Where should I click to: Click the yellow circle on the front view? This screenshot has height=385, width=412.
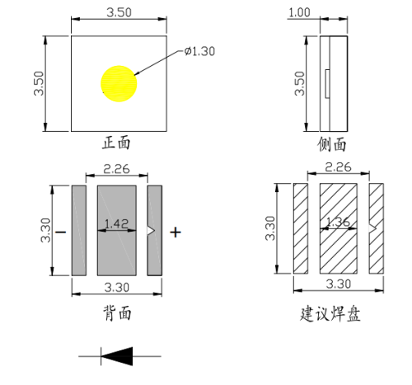[119, 83]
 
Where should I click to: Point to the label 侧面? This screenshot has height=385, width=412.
[332, 144]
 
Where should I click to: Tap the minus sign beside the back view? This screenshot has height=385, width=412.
[61, 232]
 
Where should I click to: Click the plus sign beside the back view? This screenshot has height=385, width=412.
[175, 232]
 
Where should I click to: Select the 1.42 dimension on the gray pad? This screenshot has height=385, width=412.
[117, 224]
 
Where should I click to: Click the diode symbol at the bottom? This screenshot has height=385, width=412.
[118, 355]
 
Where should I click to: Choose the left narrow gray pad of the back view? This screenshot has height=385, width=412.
[79, 231]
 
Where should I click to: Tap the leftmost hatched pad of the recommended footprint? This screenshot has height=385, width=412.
[301, 228]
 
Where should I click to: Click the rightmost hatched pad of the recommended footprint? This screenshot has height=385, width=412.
[377, 228]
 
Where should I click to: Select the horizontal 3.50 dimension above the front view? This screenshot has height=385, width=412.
[120, 12]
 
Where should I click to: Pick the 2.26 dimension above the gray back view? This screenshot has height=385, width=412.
[117, 171]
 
